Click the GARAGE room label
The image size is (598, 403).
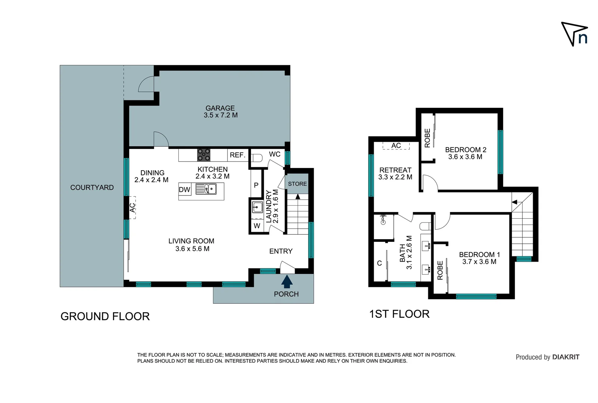(220, 108)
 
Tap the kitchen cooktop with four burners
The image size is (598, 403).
(204, 155)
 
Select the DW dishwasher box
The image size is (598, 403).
(185, 190)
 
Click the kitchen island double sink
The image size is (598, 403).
(206, 189)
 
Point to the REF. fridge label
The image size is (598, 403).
(237, 155)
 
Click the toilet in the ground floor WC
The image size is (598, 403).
(257, 158)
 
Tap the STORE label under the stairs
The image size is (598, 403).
(297, 184)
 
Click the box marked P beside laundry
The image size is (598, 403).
(256, 185)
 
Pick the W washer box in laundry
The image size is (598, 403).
(257, 226)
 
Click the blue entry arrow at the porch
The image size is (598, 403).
(287, 281)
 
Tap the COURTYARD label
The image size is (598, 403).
(92, 188)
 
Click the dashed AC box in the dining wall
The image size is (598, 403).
(132, 207)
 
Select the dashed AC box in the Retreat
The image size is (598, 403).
(396, 146)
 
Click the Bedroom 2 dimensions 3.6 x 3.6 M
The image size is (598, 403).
(465, 157)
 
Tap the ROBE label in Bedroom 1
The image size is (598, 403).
(440, 270)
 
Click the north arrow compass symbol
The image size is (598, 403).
(574, 34)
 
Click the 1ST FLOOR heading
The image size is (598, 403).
(399, 314)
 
